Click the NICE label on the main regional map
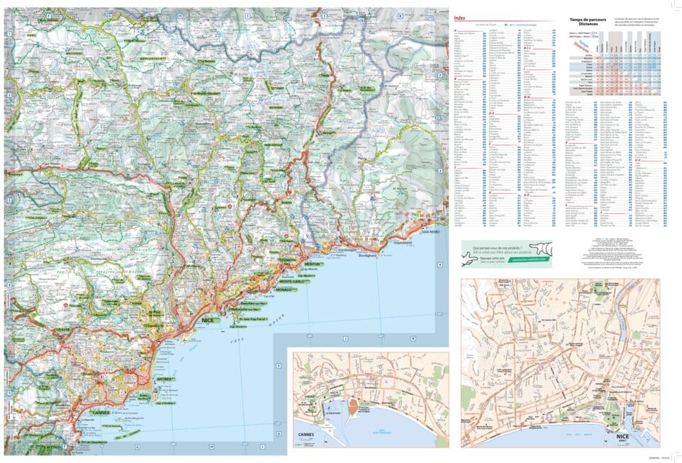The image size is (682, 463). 210,321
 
